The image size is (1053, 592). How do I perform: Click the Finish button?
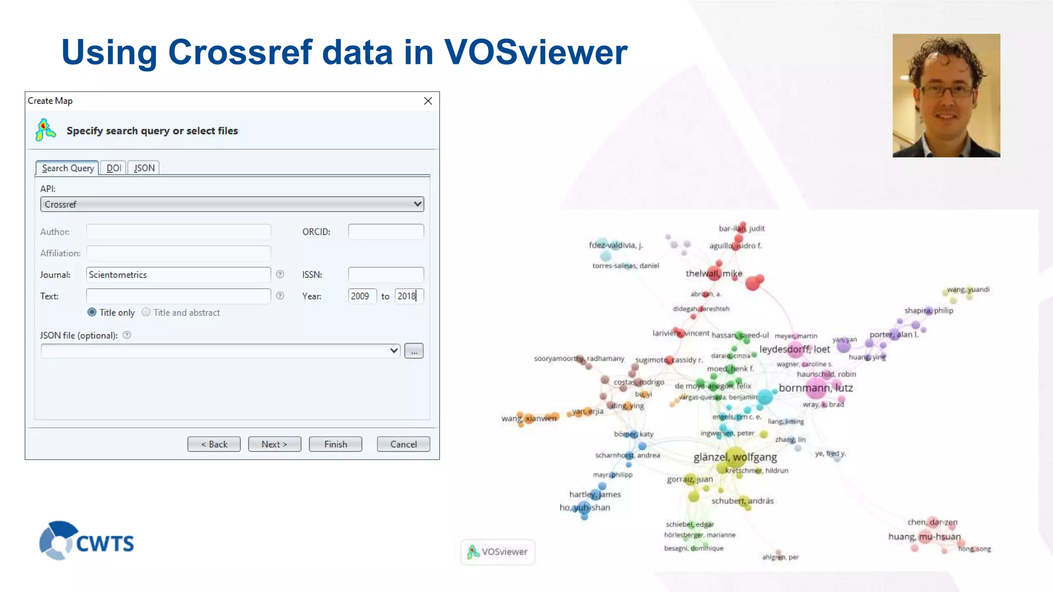click(335, 444)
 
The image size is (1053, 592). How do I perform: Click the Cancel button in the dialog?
click(403, 444)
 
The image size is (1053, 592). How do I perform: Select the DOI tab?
click(114, 168)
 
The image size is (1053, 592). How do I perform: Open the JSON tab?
click(144, 168)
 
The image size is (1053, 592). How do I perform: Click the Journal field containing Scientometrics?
click(178, 274)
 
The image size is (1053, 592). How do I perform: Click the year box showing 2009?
click(362, 296)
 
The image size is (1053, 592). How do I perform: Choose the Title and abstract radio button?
click(147, 312)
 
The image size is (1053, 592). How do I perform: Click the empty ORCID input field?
click(386, 232)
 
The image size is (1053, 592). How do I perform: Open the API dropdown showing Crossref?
click(232, 205)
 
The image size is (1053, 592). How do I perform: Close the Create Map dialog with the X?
click(428, 101)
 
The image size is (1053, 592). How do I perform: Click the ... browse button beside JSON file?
click(414, 351)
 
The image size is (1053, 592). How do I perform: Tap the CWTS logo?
click(86, 541)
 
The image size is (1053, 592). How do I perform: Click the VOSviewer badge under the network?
click(498, 552)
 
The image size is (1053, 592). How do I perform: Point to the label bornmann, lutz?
click(815, 388)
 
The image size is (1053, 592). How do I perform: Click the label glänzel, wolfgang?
click(735, 457)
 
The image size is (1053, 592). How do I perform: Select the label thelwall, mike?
click(714, 273)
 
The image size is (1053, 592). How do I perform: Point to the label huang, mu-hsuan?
click(924, 536)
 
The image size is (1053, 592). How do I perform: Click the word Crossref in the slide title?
click(240, 52)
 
